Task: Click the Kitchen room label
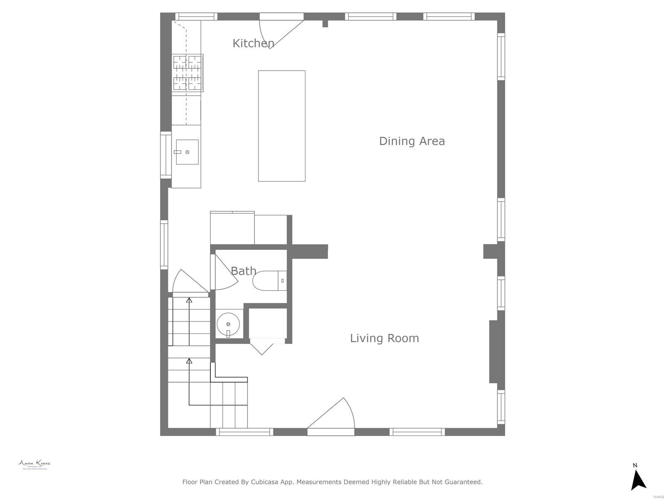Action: coord(253,43)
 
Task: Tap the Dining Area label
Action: coord(411,141)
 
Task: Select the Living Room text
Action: coord(384,338)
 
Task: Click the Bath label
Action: coord(243,271)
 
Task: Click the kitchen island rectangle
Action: coord(282,126)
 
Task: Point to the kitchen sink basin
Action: coord(187,152)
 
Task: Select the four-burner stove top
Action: coord(187,73)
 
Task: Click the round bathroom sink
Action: coord(228,324)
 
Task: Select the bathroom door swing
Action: coord(224,274)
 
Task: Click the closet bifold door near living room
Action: coord(262,346)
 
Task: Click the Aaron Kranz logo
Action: coord(34,464)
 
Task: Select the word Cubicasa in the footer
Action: coord(265,482)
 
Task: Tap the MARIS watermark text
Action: coord(658,497)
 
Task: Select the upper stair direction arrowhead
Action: coord(189,300)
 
